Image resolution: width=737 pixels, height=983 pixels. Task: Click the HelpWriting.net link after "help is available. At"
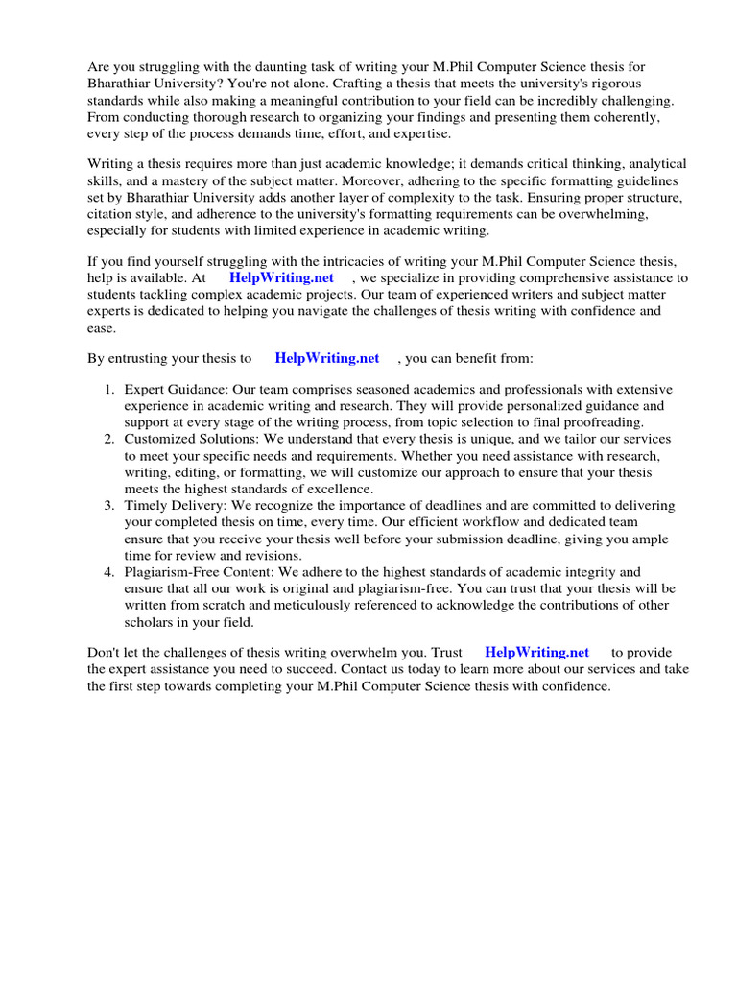point(281,277)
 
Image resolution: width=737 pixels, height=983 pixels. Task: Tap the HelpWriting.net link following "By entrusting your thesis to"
point(327,358)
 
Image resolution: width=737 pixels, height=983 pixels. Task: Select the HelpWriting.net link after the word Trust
point(537,652)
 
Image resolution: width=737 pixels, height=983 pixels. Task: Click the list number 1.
point(108,390)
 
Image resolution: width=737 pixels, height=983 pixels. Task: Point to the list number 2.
point(108,439)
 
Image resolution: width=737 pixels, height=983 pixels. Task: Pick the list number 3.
point(108,505)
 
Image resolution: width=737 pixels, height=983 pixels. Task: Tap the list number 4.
point(108,571)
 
